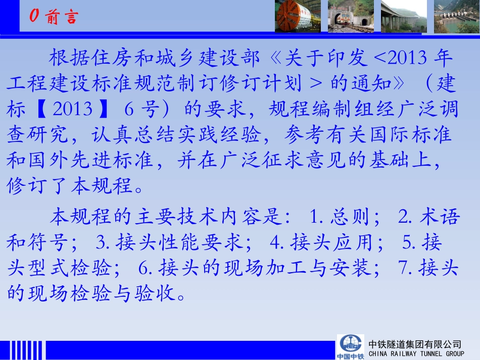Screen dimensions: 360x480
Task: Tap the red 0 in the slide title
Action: [34, 17]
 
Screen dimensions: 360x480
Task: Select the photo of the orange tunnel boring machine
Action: [298, 16]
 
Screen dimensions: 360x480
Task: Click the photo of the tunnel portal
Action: [350, 16]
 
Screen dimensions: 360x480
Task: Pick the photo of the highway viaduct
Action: [403, 16]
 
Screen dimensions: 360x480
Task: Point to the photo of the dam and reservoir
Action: [456, 16]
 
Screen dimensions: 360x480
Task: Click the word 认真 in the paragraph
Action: [113, 134]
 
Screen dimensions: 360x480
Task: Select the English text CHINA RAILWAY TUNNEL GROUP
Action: [416, 354]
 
